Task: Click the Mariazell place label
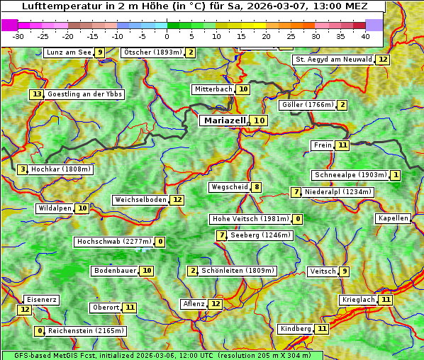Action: [225, 120]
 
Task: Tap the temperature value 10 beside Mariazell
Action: [260, 120]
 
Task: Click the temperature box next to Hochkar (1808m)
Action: [23, 169]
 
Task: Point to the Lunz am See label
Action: [68, 52]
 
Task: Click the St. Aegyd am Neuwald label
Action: [333, 60]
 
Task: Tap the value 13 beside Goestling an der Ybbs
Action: [37, 94]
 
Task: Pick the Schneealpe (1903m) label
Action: [350, 175]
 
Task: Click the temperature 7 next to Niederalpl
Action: [296, 192]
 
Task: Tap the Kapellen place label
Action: [393, 218]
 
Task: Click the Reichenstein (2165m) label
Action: [87, 331]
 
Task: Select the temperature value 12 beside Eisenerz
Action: [25, 309]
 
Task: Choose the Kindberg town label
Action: [295, 329]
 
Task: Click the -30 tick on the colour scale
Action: [18, 36]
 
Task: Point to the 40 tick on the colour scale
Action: [365, 36]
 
